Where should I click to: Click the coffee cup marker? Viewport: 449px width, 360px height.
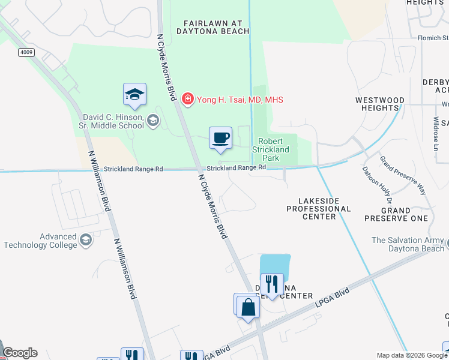pyautogui.click(x=220, y=138)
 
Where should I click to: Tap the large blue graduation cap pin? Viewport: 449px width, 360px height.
pyautogui.click(x=134, y=94)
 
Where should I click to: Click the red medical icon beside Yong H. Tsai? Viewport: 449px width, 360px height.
pyautogui.click(x=188, y=99)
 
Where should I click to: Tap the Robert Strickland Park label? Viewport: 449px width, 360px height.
pyautogui.click(x=274, y=150)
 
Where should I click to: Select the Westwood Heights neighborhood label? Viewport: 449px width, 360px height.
pyautogui.click(x=378, y=104)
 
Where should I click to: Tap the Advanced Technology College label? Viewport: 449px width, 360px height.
pyautogui.click(x=41, y=241)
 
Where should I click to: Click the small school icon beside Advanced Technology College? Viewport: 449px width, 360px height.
pyautogui.click(x=86, y=241)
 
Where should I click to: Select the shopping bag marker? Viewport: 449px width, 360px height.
pyautogui.click(x=247, y=306)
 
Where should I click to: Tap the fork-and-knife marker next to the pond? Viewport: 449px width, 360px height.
pyautogui.click(x=272, y=284)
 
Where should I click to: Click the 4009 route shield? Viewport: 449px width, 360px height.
pyautogui.click(x=26, y=52)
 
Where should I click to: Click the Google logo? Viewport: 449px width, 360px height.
pyautogui.click(x=20, y=353)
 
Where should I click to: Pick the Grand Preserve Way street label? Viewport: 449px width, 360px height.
pyautogui.click(x=403, y=175)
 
